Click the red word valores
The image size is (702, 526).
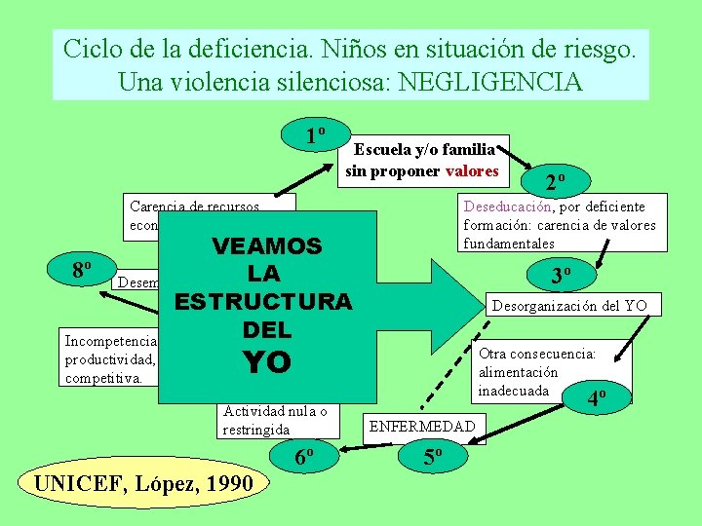pos(472,171)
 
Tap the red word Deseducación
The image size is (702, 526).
pos(507,207)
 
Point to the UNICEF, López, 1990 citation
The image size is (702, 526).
pos(143,482)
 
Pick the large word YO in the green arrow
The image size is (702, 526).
pos(265,361)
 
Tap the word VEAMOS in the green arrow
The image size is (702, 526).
pos(267,245)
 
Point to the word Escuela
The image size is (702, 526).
pos(382,150)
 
